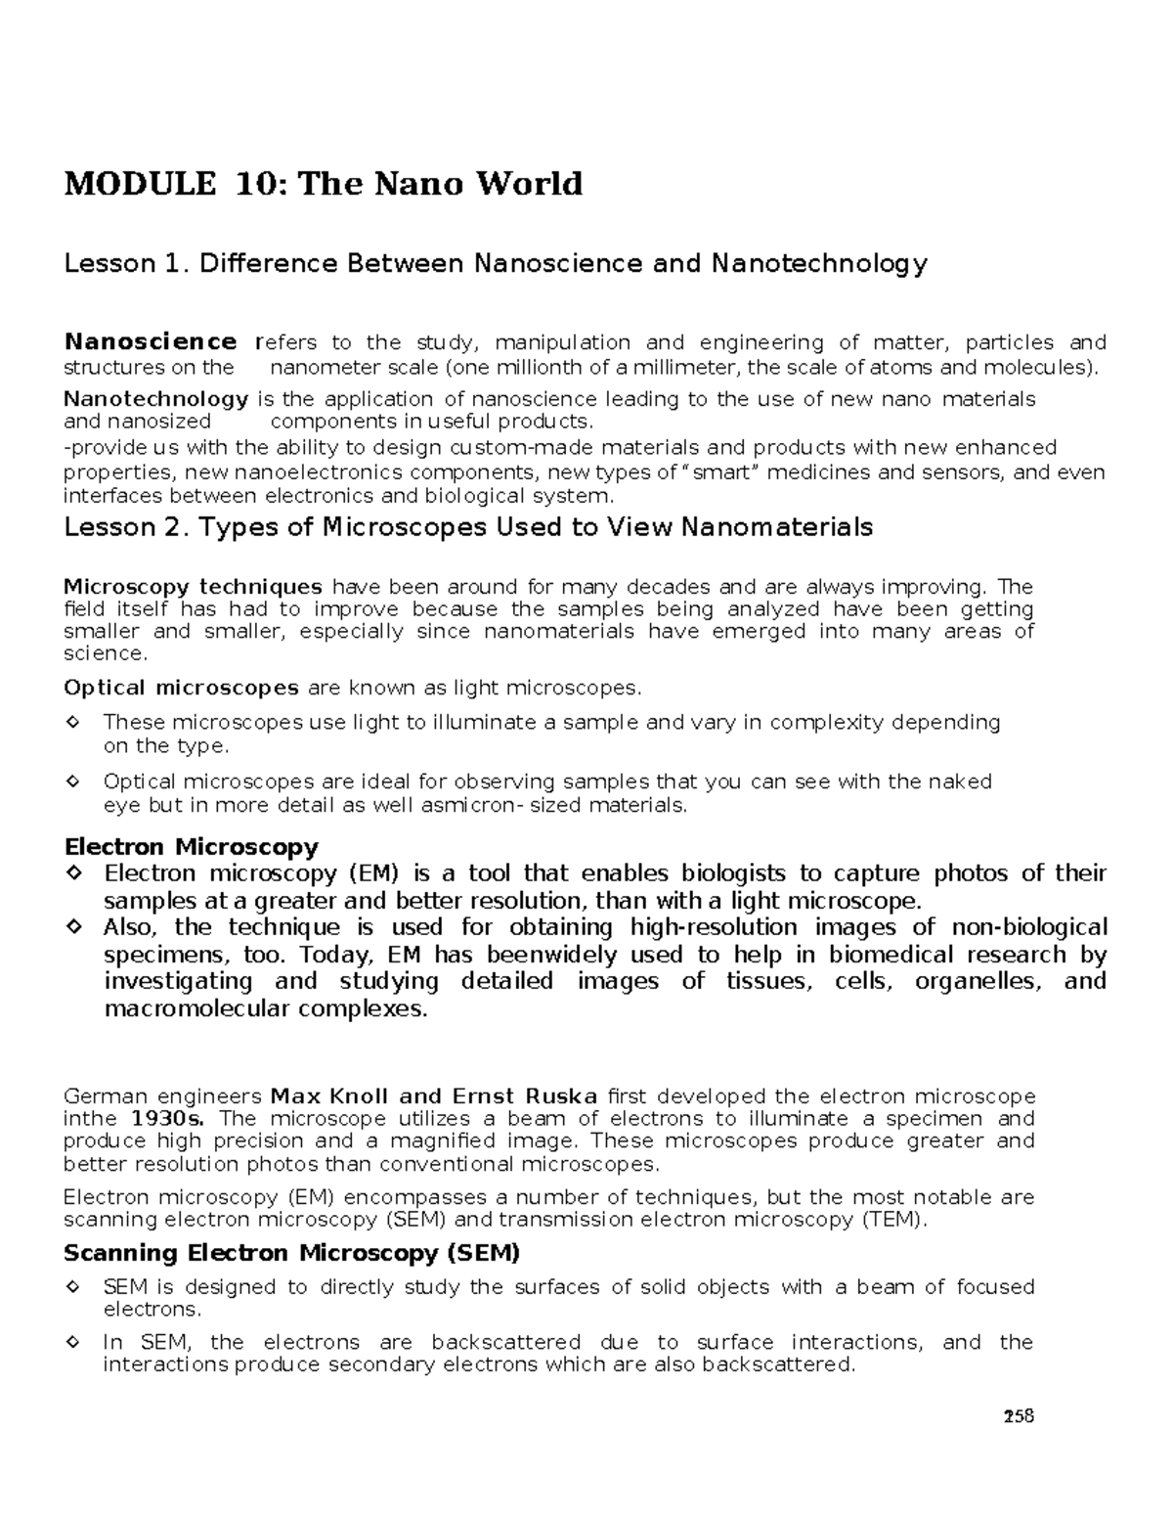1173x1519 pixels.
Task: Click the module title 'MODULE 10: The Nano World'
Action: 323,184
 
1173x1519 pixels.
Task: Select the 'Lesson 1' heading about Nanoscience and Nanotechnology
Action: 495,264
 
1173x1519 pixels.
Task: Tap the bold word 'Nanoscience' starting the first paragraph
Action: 150,342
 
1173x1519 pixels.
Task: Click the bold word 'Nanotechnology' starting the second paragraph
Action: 155,399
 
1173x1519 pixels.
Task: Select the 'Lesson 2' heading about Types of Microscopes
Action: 467,528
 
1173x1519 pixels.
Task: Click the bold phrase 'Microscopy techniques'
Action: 193,587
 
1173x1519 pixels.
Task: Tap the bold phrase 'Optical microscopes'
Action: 181,688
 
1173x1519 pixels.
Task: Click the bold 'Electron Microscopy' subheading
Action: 191,846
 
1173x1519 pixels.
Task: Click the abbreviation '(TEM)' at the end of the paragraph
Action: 894,1220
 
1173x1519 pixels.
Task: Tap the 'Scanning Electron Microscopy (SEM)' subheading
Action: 291,1253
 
